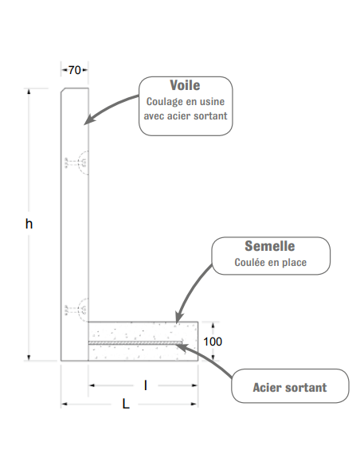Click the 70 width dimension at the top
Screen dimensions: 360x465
point(74,70)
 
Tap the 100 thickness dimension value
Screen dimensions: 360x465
point(213,342)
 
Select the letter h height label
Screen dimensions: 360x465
point(29,224)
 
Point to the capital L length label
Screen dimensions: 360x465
point(126,404)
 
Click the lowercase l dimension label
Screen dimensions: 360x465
point(146,385)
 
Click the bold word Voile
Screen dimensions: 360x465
point(185,85)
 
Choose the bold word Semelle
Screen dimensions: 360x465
point(270,246)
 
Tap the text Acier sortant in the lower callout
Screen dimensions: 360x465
point(290,388)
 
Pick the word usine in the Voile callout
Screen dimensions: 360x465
point(212,102)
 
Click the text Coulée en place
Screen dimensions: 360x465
point(271,263)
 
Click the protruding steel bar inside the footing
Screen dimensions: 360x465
point(135,343)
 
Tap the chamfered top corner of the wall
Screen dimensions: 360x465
point(63,90)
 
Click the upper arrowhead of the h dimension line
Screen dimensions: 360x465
point(29,92)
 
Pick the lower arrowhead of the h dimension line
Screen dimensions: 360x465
point(29,358)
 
